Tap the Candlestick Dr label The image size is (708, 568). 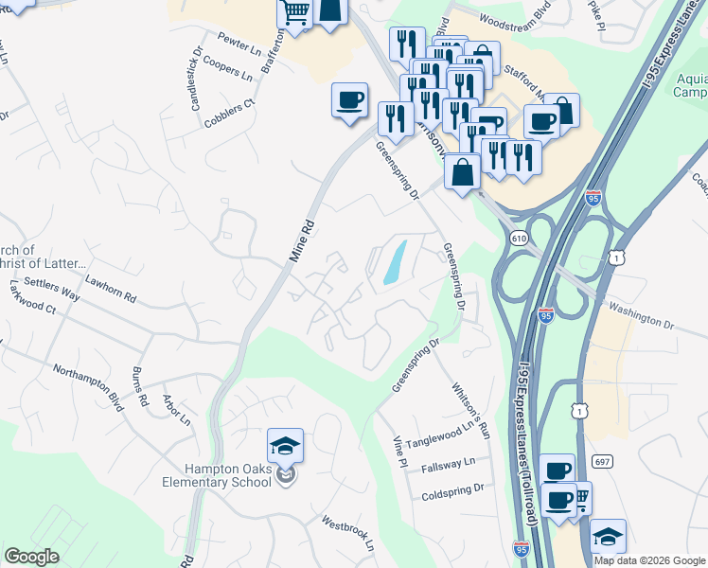199,76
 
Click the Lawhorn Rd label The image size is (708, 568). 111,289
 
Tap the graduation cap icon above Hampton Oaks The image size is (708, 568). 285,445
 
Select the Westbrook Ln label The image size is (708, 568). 347,535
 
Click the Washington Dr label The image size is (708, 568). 641,314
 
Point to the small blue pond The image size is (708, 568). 394,262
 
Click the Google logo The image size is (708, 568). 31,557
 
